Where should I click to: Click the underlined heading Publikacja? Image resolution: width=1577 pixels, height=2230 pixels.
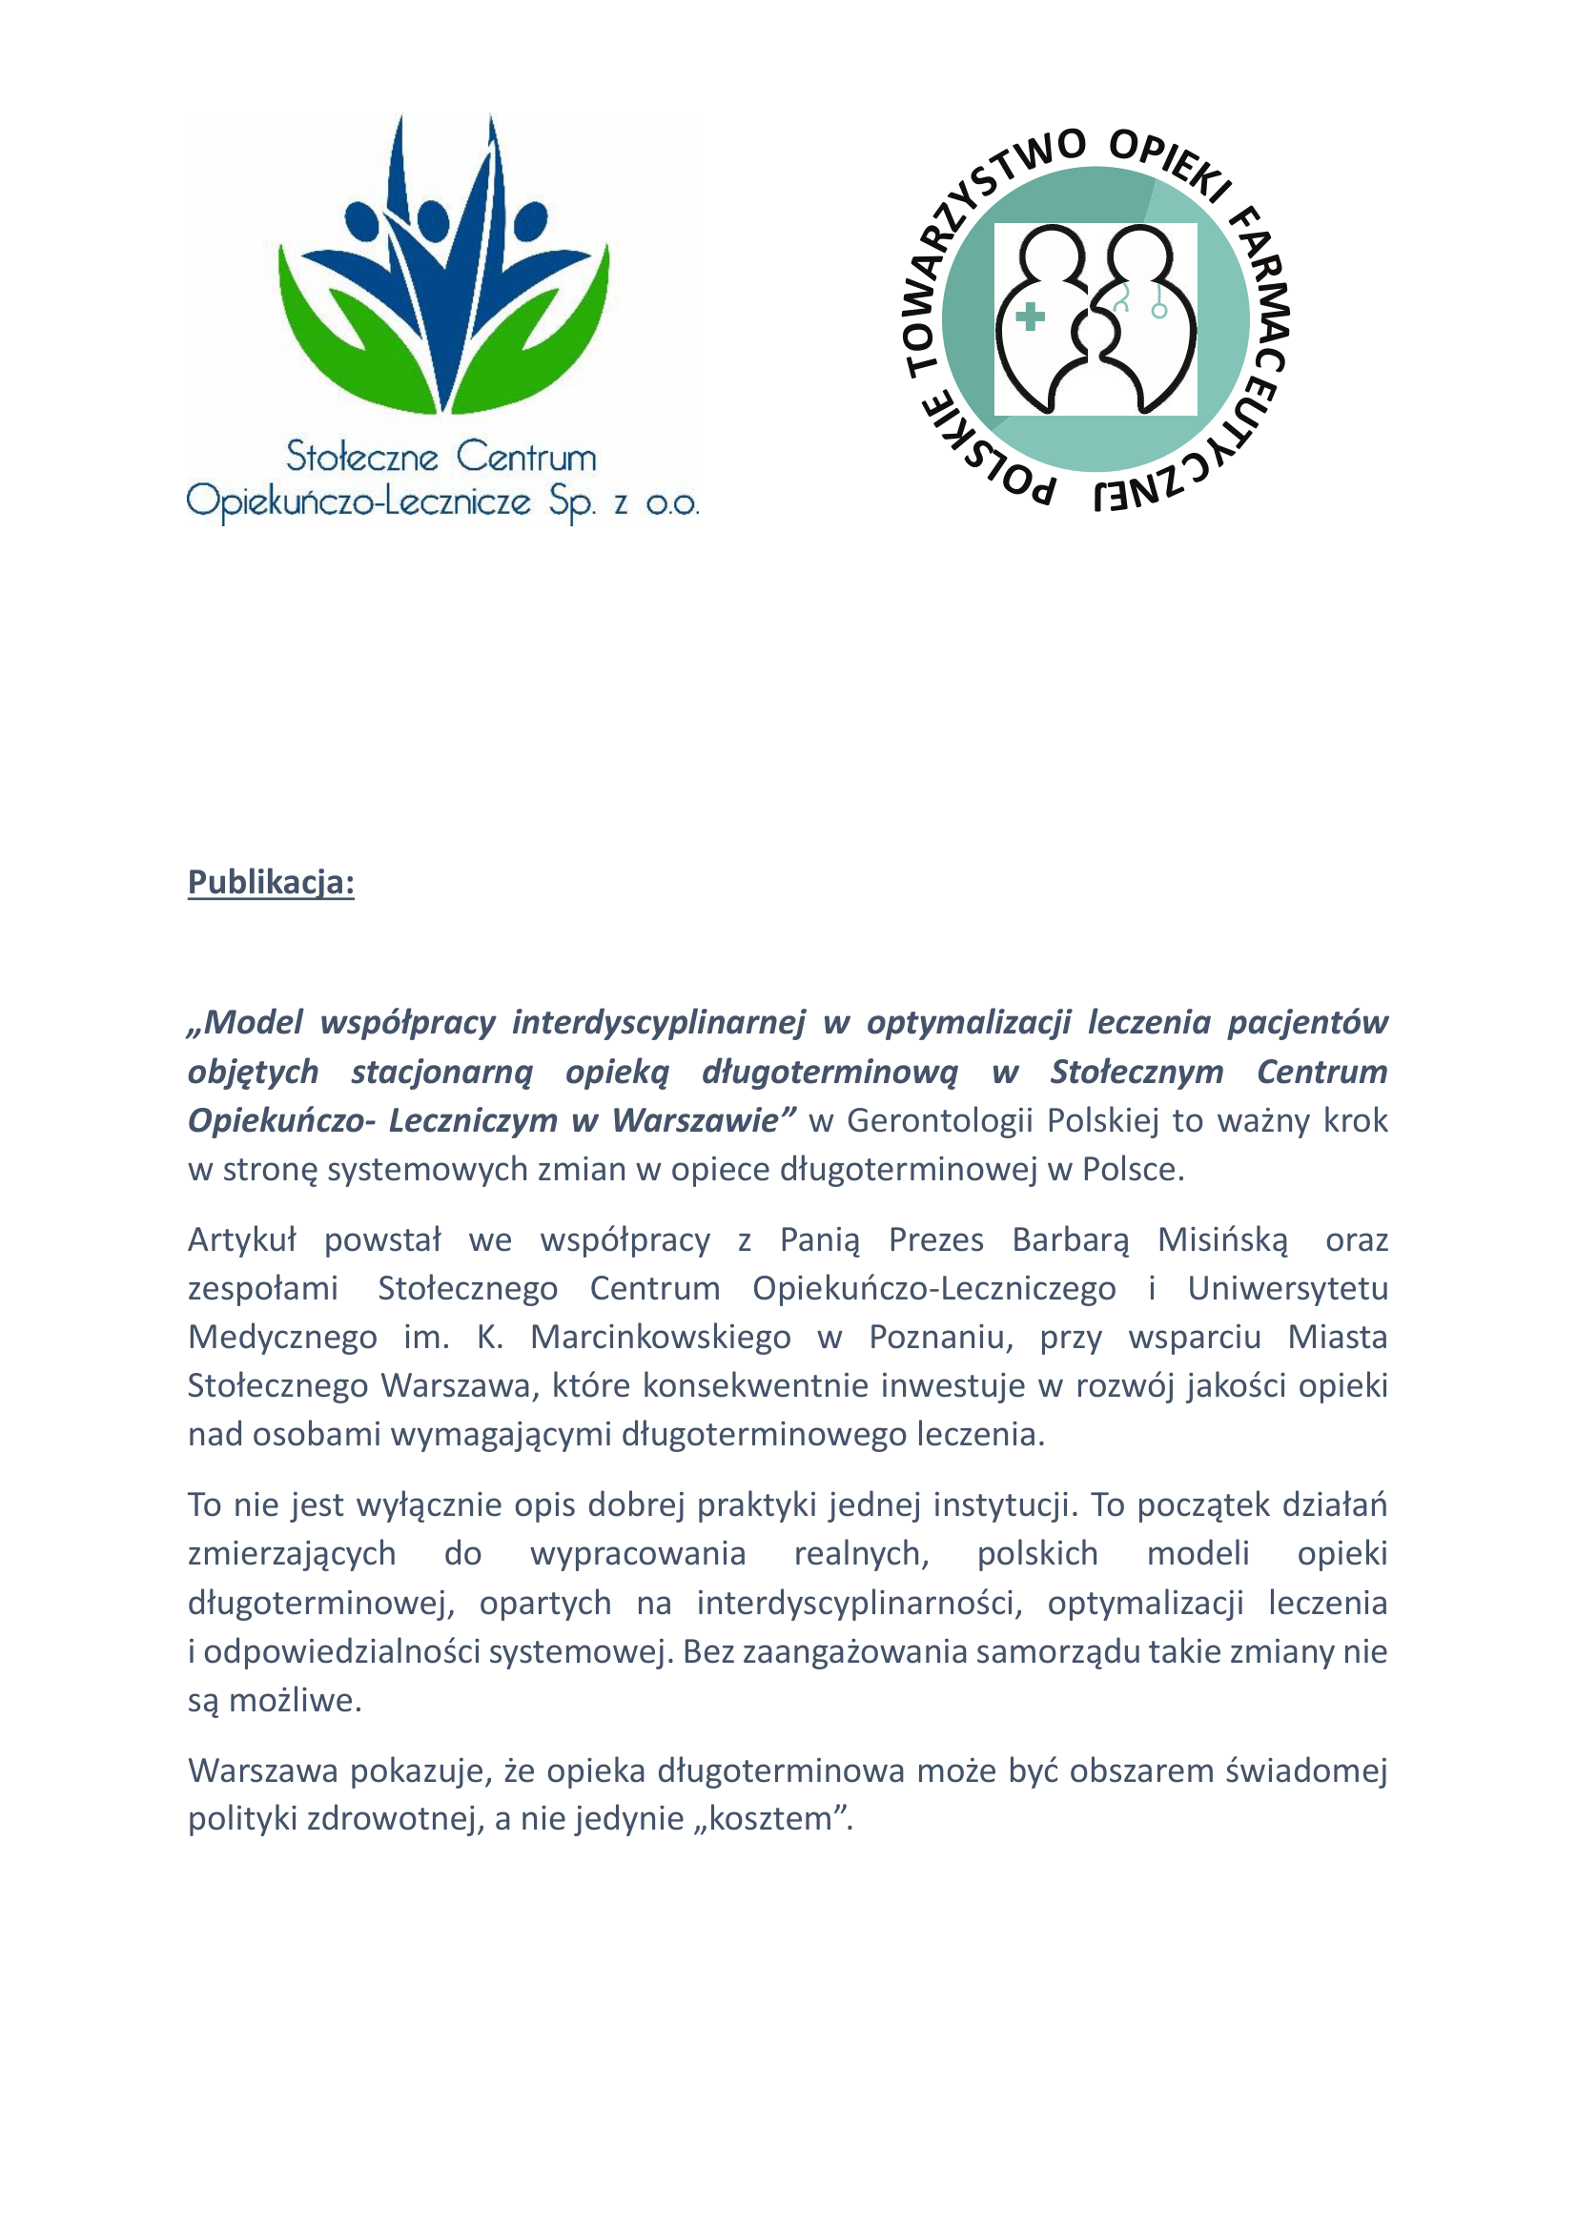pyautogui.click(x=271, y=882)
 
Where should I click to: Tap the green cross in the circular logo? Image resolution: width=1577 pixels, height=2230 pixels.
pyautogui.click(x=1030, y=317)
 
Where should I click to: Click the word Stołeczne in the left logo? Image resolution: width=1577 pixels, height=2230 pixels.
pyautogui.click(x=362, y=457)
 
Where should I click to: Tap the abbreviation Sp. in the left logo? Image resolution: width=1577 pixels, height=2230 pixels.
pyautogui.click(x=572, y=502)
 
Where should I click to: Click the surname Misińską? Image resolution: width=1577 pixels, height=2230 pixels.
pyautogui.click(x=1222, y=1240)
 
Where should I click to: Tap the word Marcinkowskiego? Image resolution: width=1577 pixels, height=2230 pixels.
pyautogui.click(x=661, y=1338)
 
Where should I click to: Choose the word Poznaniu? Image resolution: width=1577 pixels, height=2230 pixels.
pyautogui.click(x=940, y=1338)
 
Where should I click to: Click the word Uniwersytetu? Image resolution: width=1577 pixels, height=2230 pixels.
pyautogui.click(x=1287, y=1289)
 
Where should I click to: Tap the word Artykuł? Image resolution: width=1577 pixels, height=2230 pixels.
pyautogui.click(x=242, y=1240)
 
